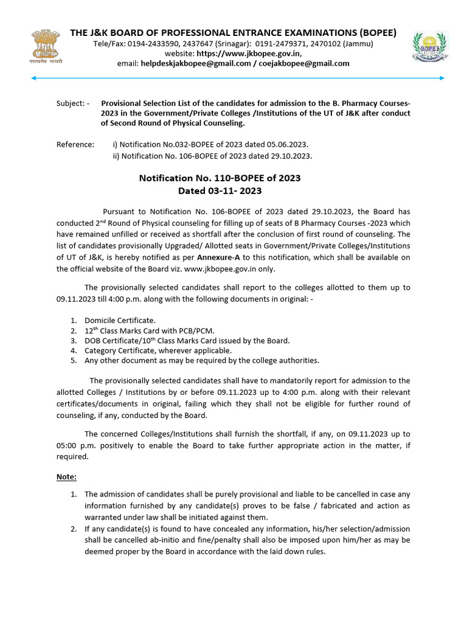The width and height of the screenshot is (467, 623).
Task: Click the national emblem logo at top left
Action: pos(39,46)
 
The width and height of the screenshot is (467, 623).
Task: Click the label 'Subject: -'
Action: pos(72,103)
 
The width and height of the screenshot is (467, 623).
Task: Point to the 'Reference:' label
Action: pos(75,145)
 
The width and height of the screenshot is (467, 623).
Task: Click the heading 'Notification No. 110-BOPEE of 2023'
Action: pos(220,178)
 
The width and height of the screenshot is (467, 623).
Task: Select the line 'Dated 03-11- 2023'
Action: pos(220,191)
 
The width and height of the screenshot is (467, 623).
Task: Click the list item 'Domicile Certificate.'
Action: pos(120,320)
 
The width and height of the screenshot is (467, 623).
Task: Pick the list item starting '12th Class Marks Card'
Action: pos(141,330)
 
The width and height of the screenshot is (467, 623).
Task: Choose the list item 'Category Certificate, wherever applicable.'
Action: pos(157,350)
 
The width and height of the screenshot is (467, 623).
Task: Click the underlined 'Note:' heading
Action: pos(67,477)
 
